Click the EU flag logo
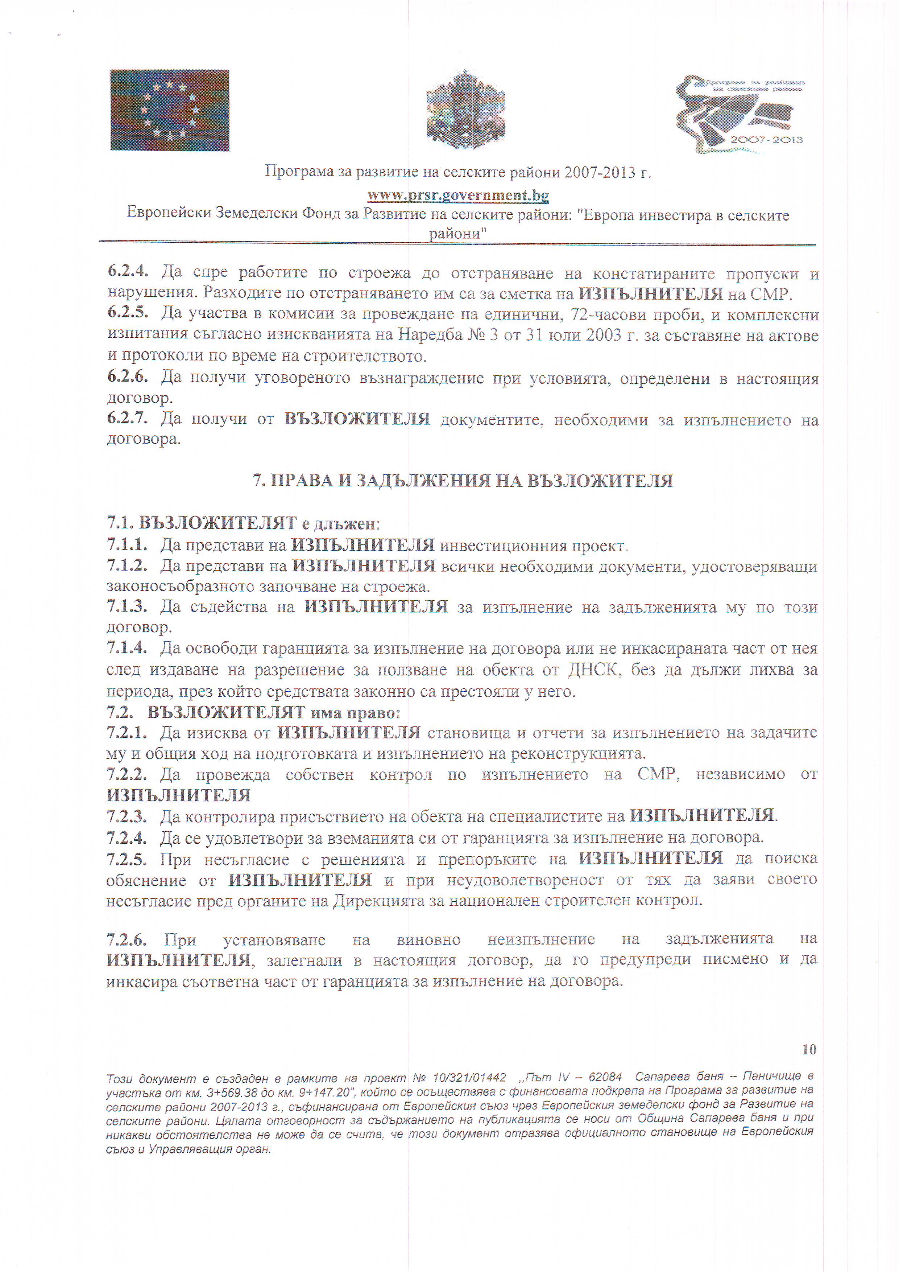[169, 110]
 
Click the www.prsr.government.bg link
[458, 195]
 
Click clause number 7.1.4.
[127, 648]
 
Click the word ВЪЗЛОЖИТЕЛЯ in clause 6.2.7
[357, 419]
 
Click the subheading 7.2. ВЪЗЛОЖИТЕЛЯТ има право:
[253, 712]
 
